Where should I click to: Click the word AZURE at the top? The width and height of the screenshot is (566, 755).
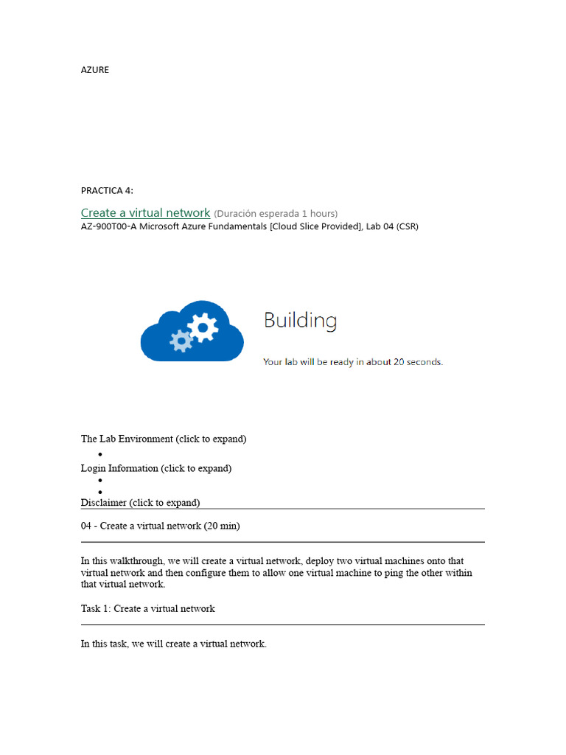point(94,70)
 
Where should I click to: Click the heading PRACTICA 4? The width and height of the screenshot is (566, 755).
point(107,191)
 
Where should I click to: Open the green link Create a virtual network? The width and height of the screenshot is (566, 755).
point(145,212)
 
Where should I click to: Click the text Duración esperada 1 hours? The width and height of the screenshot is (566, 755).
point(276,214)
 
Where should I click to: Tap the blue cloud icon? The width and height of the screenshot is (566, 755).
point(192,331)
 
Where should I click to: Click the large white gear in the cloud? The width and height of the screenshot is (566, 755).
point(203,324)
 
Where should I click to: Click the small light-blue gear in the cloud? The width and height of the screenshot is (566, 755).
point(181,341)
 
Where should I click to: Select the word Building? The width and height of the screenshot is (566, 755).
point(300,321)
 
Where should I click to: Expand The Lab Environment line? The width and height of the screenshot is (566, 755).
point(163,439)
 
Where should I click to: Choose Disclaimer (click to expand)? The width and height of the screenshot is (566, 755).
point(140,503)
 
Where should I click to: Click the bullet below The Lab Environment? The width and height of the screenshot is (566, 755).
point(100,454)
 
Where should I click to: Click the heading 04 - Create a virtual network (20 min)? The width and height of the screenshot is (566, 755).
point(160,526)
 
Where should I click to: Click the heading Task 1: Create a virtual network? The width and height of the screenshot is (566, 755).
point(147,609)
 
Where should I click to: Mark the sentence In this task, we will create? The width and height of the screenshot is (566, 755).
point(173,644)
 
